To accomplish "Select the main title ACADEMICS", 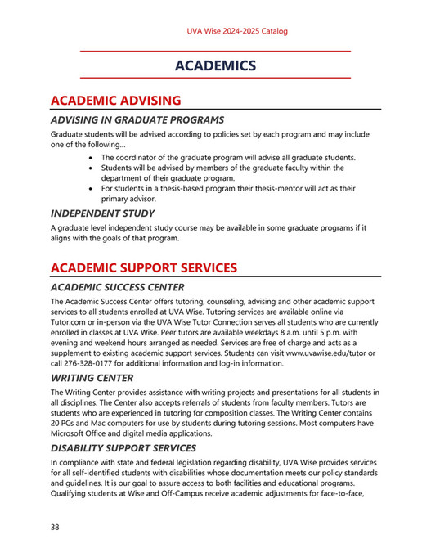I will pyautogui.click(x=216, y=65).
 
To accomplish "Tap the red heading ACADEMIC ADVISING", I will pyautogui.click(x=115, y=101).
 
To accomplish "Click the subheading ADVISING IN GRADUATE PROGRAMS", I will pyautogui.click(x=137, y=120).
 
